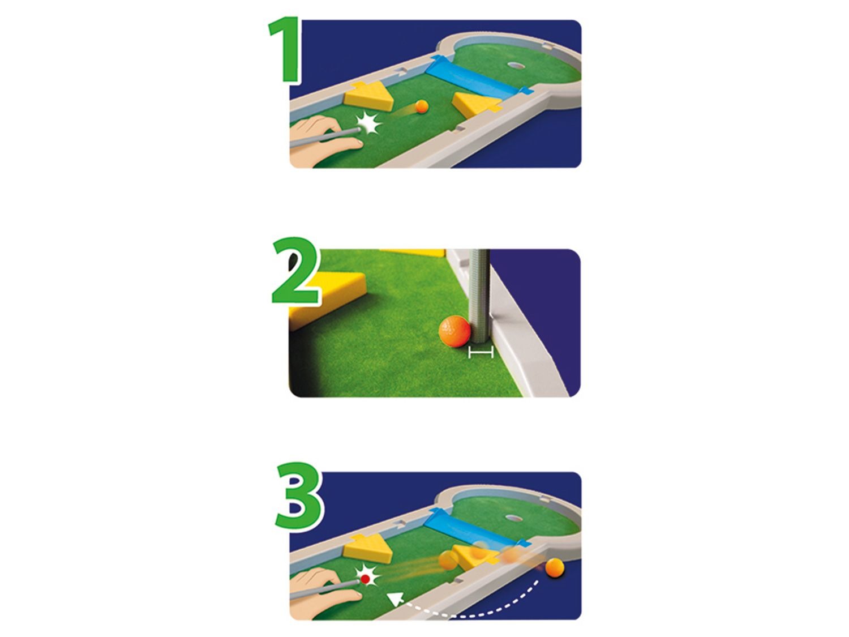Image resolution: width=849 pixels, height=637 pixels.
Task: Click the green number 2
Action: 297,270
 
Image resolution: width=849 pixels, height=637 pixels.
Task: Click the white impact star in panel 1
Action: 368,123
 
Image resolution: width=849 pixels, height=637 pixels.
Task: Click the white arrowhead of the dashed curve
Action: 395,600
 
